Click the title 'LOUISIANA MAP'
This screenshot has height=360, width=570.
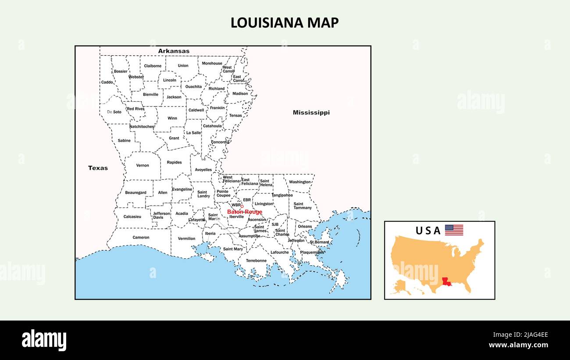point(285,23)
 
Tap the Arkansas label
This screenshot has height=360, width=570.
point(174,51)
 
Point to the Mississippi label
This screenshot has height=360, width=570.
point(311,113)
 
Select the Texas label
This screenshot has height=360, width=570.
point(98,168)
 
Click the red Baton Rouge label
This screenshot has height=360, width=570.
point(244,212)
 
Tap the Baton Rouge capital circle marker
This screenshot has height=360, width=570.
point(242,206)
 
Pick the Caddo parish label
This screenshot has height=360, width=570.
point(107,82)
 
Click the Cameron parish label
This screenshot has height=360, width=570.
point(141,238)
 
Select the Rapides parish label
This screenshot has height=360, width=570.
point(174,163)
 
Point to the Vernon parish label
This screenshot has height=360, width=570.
point(142,166)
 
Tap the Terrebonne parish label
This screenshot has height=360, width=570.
point(256,260)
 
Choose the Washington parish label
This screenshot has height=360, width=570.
point(300,182)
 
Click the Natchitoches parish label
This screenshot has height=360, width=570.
point(142,127)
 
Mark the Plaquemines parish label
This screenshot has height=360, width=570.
point(312,253)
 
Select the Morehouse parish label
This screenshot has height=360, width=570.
point(212,64)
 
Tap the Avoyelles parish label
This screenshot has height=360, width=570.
point(203,170)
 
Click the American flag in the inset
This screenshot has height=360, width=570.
point(454,230)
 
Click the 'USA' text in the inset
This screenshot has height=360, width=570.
point(428,231)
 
